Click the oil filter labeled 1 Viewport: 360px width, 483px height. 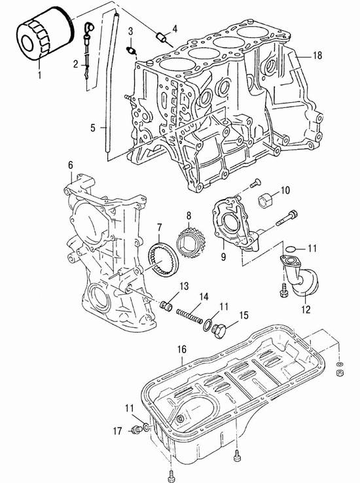(x=45, y=33)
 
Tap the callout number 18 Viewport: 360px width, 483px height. (x=317, y=56)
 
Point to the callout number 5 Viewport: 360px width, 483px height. (x=93, y=128)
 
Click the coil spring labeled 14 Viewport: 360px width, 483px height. (x=189, y=315)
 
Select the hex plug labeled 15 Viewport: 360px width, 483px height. (x=219, y=331)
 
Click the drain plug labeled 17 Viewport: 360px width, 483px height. (x=135, y=429)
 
